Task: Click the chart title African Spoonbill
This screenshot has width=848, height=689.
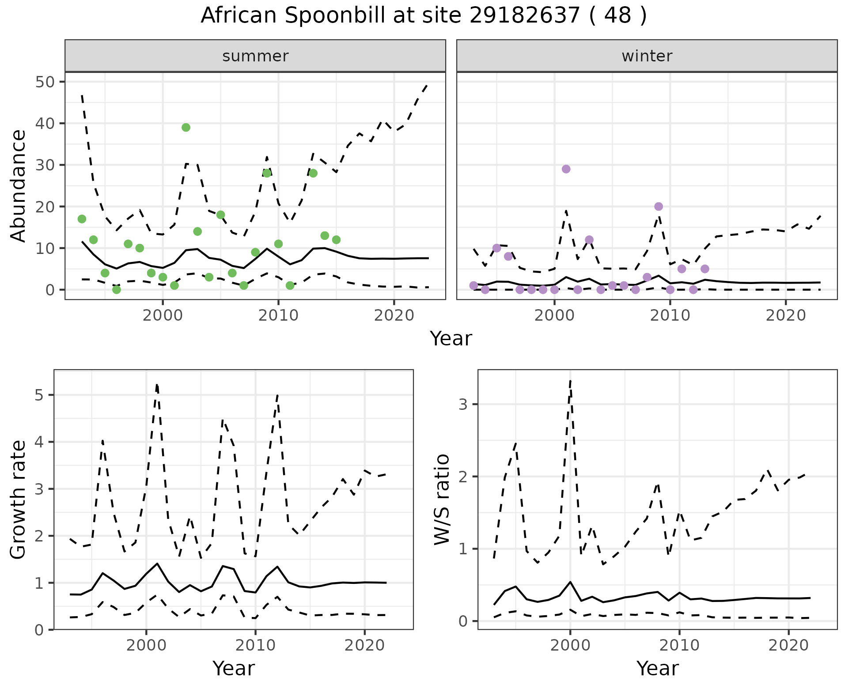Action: (x=423, y=16)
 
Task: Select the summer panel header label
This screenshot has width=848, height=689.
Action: (x=255, y=56)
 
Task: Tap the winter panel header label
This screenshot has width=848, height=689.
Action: (x=647, y=56)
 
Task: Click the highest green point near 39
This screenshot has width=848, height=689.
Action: (x=186, y=128)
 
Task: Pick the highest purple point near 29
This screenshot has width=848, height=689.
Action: (x=566, y=169)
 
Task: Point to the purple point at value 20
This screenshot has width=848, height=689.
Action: (x=659, y=207)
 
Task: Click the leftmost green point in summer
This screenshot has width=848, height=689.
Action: (x=82, y=219)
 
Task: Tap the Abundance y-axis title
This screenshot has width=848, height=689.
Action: (x=19, y=186)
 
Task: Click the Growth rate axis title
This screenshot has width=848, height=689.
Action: (x=19, y=500)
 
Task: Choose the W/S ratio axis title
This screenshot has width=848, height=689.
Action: (x=442, y=500)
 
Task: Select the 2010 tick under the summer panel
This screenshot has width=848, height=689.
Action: (x=278, y=316)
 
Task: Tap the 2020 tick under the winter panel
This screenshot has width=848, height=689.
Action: (x=786, y=316)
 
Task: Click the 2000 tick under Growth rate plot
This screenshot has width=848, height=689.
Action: (x=146, y=645)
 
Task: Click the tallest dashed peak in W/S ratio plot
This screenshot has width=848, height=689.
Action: (x=571, y=381)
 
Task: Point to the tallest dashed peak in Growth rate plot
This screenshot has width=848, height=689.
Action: (x=157, y=385)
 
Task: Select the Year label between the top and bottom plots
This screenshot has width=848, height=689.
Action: (x=451, y=339)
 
